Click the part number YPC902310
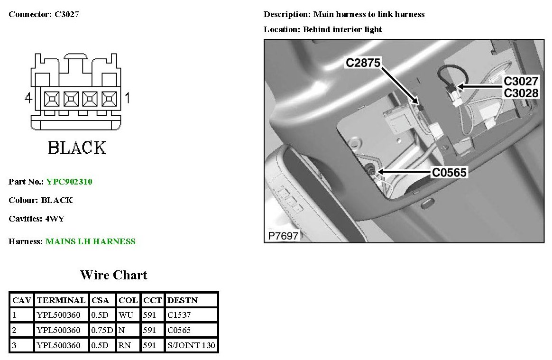(x=69, y=182)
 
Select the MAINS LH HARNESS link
(x=90, y=241)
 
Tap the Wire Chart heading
(x=114, y=275)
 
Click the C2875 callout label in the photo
(x=363, y=62)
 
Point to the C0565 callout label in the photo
(x=449, y=173)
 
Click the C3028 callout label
(x=521, y=93)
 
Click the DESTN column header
(x=183, y=300)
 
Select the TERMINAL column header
(x=61, y=300)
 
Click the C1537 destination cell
(x=179, y=315)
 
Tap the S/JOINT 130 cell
(x=191, y=345)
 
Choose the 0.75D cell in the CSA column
(x=101, y=330)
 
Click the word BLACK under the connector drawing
(x=77, y=148)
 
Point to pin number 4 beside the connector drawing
(x=28, y=99)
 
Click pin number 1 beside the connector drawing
(x=127, y=99)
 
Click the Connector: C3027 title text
(x=44, y=14)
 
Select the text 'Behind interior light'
(x=342, y=29)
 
